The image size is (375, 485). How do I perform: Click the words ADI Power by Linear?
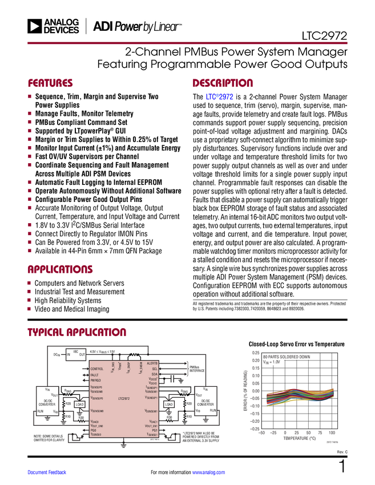pos(137,26)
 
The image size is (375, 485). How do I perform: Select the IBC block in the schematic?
pos(75,354)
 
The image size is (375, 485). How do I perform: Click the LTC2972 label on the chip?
pos(124,398)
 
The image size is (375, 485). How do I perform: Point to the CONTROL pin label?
pos(97,369)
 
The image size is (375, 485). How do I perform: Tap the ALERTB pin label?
pos(152,363)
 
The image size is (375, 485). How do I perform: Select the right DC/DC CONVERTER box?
pos(205,401)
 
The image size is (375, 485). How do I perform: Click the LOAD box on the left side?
pos(80,404)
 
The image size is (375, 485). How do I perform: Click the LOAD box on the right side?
pos(168,404)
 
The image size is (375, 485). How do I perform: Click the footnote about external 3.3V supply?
pos(201,437)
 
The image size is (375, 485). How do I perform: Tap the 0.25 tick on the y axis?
pos(255,352)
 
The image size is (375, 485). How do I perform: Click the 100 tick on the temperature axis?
pos(332,434)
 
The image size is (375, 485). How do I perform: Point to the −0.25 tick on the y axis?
pos(254,429)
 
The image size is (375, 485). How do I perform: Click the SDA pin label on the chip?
pos(154,374)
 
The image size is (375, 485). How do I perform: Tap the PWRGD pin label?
pos(96,379)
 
